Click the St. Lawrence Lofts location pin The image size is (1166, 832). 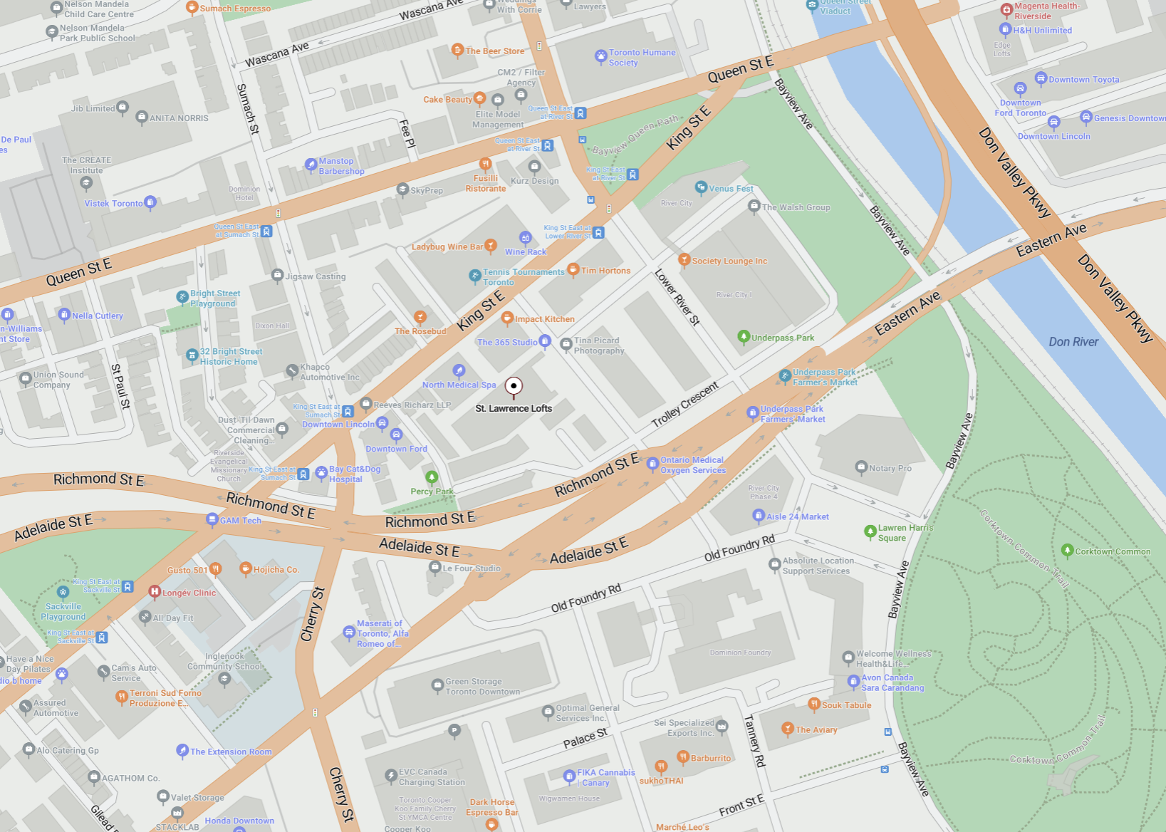tap(514, 386)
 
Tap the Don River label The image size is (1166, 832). tap(1073, 342)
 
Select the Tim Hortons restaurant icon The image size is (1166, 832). tap(573, 269)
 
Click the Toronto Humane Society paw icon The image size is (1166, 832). tap(600, 56)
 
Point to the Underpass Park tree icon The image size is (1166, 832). tap(744, 336)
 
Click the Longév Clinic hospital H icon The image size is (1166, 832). tap(154, 591)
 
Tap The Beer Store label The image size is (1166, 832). tap(494, 51)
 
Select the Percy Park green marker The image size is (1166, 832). tap(431, 477)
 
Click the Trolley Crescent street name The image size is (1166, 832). tap(684, 405)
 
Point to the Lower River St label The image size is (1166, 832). tap(677, 297)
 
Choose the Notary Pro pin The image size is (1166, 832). tap(861, 467)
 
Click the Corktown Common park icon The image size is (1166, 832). tap(1067, 550)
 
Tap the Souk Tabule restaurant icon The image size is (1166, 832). tap(814, 704)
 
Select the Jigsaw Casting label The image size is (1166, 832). tap(315, 276)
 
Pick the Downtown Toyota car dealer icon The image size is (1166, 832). tap(1041, 78)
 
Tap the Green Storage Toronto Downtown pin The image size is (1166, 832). tap(437, 686)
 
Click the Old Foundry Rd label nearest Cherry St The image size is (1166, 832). tap(585, 598)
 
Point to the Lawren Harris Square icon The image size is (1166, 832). tap(870, 531)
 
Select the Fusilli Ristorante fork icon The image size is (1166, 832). tap(485, 164)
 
